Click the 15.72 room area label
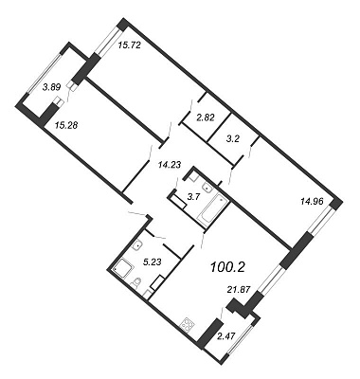[129, 45]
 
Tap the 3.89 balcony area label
[51, 87]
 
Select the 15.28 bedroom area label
[66, 125]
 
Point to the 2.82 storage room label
[206, 118]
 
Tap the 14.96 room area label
[312, 201]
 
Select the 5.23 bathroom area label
[153, 262]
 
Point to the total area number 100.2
[227, 267]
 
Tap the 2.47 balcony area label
[226, 335]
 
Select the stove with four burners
[187, 325]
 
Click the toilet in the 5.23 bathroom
[136, 282]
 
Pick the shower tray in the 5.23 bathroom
[123, 269]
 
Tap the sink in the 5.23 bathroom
[136, 245]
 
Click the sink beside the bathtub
[207, 188]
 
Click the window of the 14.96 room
[319, 222]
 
